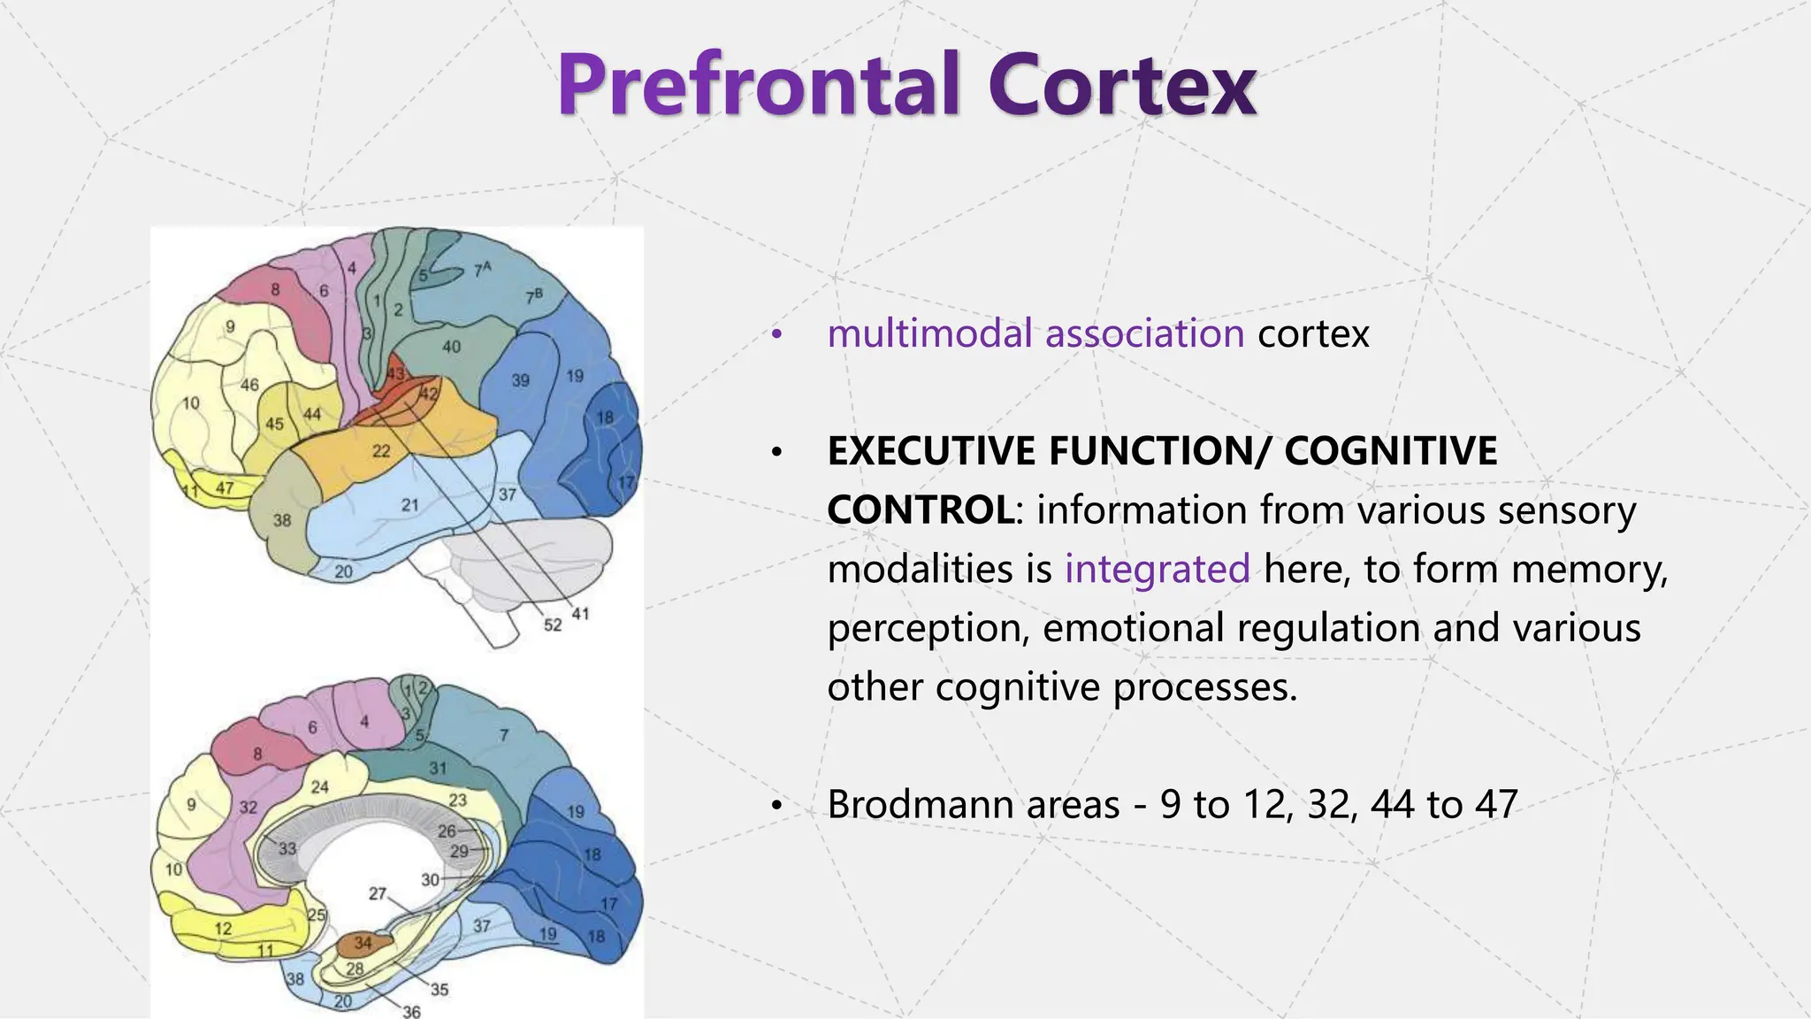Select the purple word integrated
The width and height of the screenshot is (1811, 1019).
pyautogui.click(x=1157, y=569)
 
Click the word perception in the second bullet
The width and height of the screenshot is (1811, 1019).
pyautogui.click(x=928, y=629)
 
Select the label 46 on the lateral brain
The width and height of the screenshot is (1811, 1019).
pyautogui.click(x=249, y=385)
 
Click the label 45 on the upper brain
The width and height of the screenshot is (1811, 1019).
pyautogui.click(x=274, y=424)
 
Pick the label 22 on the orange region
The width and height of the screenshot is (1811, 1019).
pyautogui.click(x=381, y=451)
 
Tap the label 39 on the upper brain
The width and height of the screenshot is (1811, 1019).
pyautogui.click(x=521, y=380)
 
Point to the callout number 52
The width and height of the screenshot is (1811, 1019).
pyautogui.click(x=553, y=625)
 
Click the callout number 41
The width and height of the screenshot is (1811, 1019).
pyautogui.click(x=580, y=613)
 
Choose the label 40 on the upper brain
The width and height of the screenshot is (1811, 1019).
pyautogui.click(x=451, y=347)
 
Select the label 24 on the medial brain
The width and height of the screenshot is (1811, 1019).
pyautogui.click(x=319, y=786)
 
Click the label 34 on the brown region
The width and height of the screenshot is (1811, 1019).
pyautogui.click(x=363, y=943)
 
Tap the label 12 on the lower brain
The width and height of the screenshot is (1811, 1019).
pyautogui.click(x=223, y=928)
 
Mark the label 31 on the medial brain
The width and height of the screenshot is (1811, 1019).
pyautogui.click(x=438, y=768)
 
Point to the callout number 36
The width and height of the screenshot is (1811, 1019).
pyautogui.click(x=412, y=1011)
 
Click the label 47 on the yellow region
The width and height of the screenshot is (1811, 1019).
pyautogui.click(x=225, y=487)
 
